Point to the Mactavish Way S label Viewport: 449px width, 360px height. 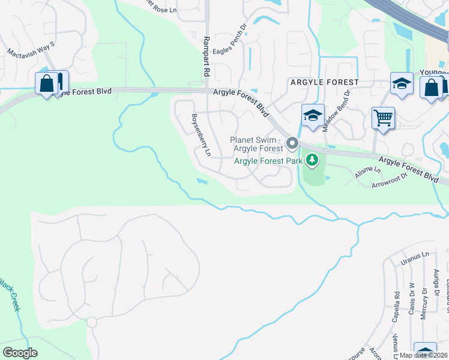[x=31, y=49]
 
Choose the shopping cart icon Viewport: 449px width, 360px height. [x=383, y=117]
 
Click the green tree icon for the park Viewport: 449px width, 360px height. [x=312, y=160]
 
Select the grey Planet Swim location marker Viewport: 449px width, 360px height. [x=292, y=143]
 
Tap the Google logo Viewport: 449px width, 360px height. [x=20, y=352]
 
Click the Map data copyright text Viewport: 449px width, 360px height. [x=424, y=355]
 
